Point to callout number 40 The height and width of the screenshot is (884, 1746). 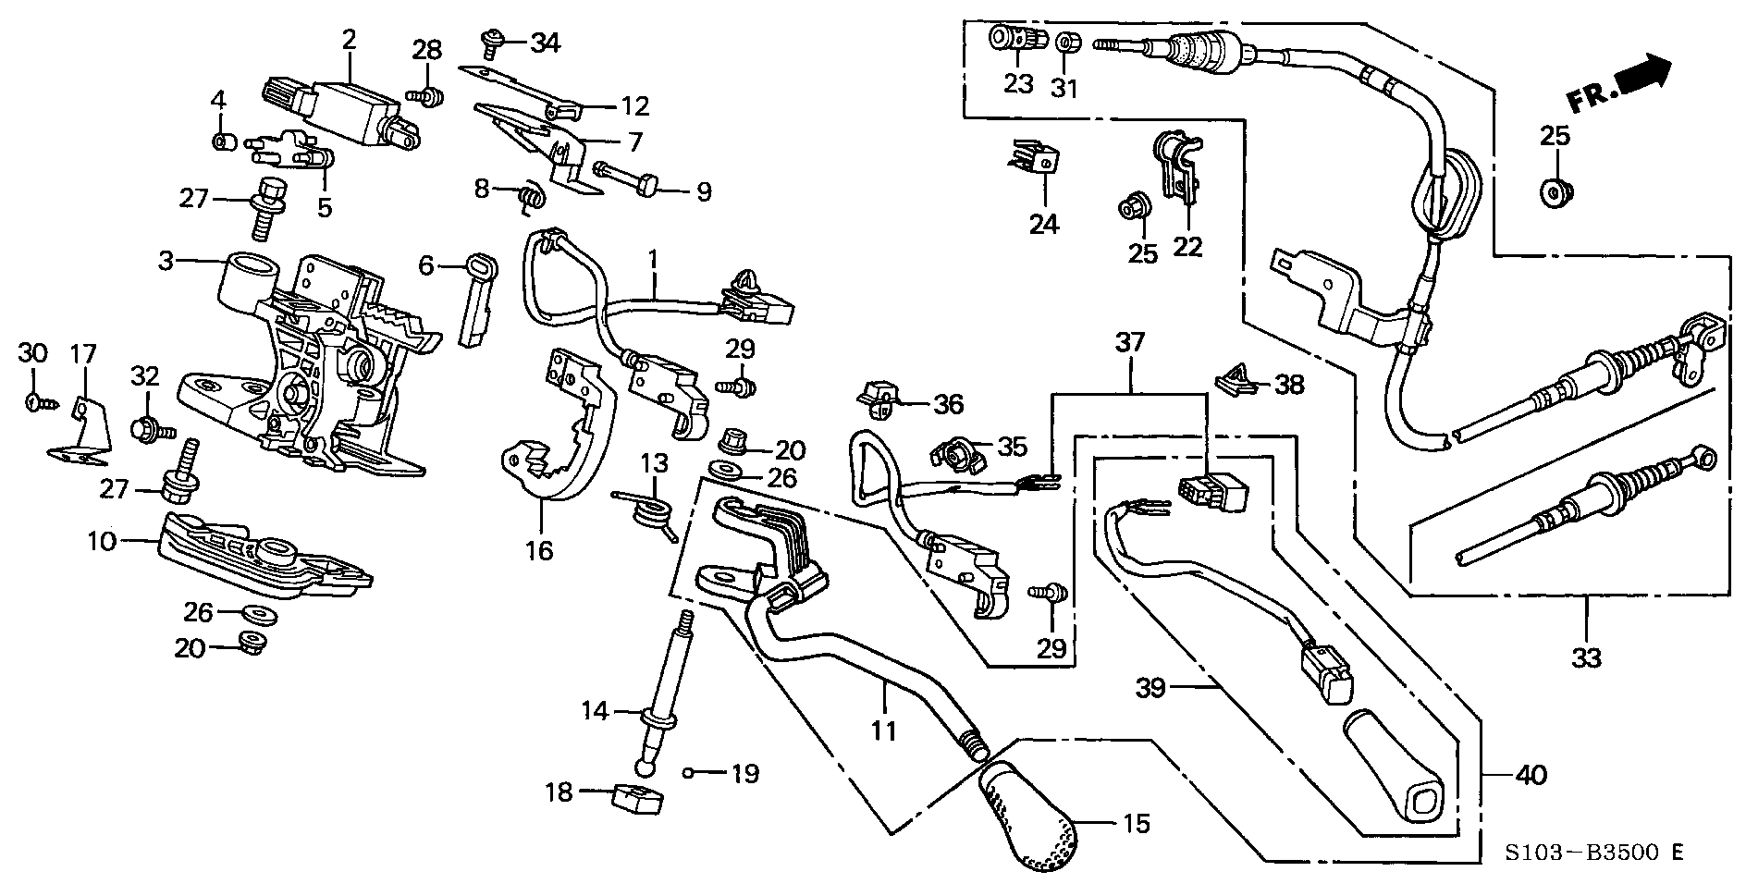[1531, 774]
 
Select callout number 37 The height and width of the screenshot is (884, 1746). [1130, 343]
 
